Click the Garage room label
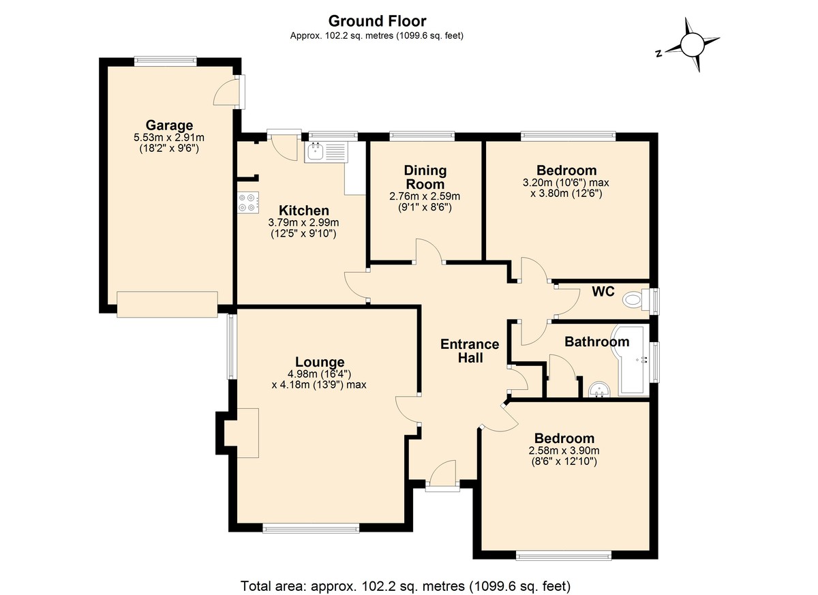(169, 125)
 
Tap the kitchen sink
(327, 152)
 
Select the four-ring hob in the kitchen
(248, 202)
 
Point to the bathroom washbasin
(600, 389)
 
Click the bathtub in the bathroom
(631, 360)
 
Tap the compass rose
(691, 44)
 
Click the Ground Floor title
(377, 21)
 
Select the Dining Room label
(425, 177)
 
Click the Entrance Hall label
(470, 351)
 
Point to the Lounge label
(320, 362)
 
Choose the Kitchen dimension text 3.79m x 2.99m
(303, 222)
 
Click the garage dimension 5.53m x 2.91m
(169, 138)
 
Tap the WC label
(603, 291)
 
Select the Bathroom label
(596, 341)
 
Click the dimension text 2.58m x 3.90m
(564, 451)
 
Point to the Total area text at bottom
(406, 586)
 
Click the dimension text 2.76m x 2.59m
(425, 196)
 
